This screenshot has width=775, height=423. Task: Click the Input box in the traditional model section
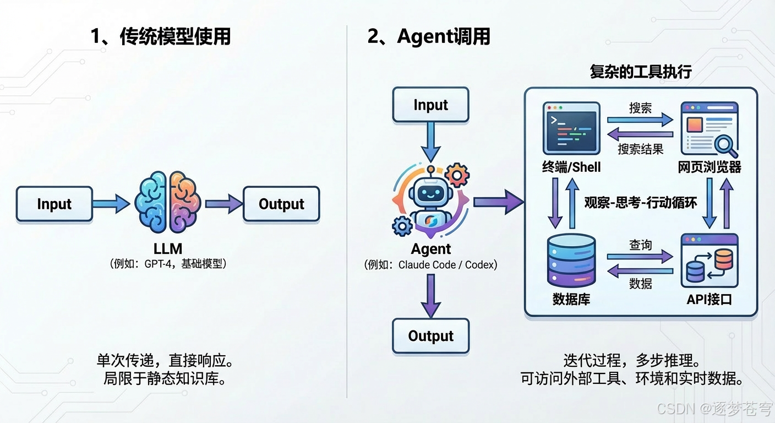coord(54,204)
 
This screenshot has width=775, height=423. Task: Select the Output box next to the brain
coord(281,204)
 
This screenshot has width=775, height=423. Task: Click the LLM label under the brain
coord(167,250)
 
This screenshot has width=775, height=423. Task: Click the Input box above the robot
coord(430,105)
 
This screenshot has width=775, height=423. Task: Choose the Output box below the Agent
coord(430,336)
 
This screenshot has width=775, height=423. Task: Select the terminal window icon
coord(571,128)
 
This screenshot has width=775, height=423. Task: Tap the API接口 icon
coord(709,261)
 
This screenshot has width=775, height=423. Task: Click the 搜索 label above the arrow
coord(640,108)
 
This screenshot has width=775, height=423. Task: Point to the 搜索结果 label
coord(640,149)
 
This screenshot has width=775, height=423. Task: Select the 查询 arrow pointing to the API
coord(640,257)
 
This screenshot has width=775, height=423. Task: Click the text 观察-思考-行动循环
coord(640,203)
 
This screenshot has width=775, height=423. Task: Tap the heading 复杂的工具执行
coord(640,72)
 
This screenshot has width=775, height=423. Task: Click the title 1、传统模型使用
coord(160,37)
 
